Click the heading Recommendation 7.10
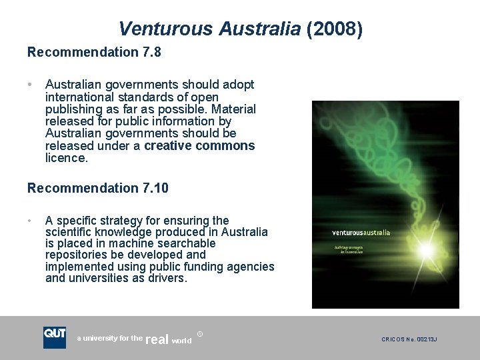[98, 188]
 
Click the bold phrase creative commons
[199, 146]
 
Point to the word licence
[66, 158]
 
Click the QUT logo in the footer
[55, 337]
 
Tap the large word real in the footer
[157, 339]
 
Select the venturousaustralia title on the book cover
[361, 233]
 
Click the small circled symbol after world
[200, 333]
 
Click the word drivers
[167, 278]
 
